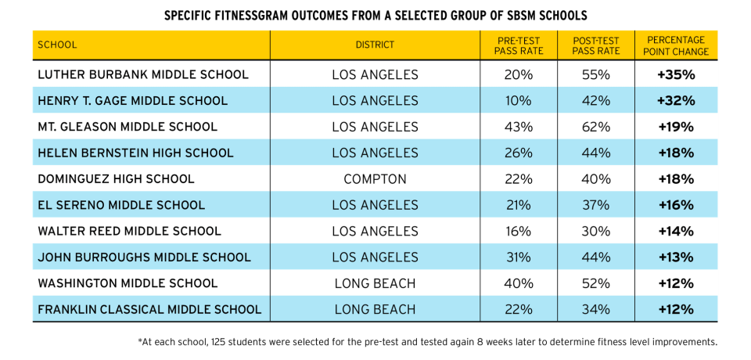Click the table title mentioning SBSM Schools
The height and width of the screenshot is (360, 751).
click(x=375, y=16)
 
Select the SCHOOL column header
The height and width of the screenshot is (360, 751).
click(x=58, y=45)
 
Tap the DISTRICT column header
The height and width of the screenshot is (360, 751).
click(x=375, y=45)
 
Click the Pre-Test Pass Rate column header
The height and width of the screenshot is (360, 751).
click(x=518, y=45)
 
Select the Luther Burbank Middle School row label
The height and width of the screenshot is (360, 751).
click(x=143, y=75)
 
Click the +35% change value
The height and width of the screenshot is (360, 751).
click(x=677, y=75)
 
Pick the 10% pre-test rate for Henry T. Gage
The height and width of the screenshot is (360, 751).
click(x=518, y=101)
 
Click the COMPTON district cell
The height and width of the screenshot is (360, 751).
click(x=375, y=179)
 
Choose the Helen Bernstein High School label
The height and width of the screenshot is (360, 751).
click(x=135, y=153)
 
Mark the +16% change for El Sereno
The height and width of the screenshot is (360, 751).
click(x=677, y=205)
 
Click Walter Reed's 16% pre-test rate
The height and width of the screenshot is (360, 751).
click(x=518, y=232)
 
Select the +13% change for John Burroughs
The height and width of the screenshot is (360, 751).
click(x=677, y=257)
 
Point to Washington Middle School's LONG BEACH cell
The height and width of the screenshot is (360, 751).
click(x=375, y=283)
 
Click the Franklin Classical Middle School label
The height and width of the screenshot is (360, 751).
click(x=149, y=309)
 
